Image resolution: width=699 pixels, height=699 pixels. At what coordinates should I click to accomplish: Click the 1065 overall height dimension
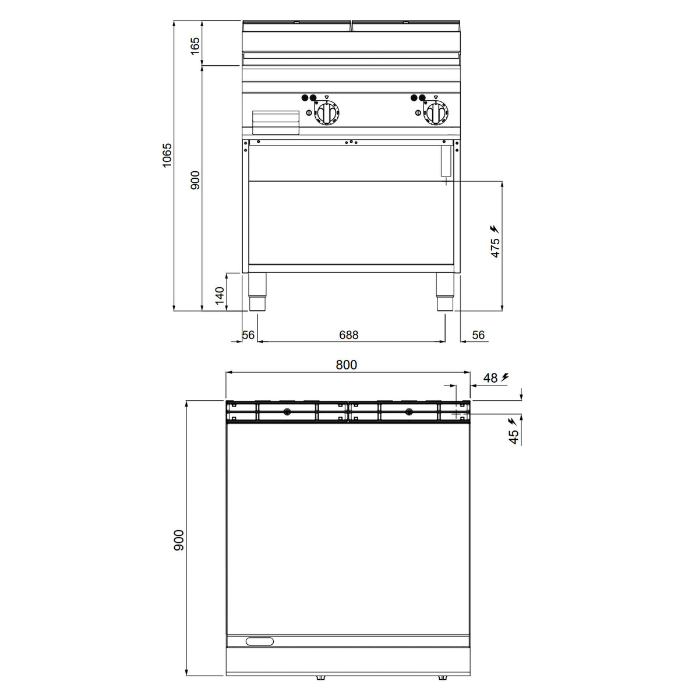pyautogui.click(x=167, y=156)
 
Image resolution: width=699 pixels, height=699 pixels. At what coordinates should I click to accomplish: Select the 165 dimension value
pyautogui.click(x=195, y=45)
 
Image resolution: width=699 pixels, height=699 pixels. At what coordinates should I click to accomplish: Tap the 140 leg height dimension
pyautogui.click(x=220, y=295)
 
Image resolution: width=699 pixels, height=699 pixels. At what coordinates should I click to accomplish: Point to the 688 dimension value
pyautogui.click(x=348, y=335)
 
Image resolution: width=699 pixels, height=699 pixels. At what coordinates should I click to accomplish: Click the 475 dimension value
pyautogui.click(x=495, y=248)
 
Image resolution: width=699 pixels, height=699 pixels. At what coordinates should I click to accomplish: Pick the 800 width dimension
pyautogui.click(x=347, y=365)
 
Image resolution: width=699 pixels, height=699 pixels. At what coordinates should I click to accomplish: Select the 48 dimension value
pyautogui.click(x=490, y=378)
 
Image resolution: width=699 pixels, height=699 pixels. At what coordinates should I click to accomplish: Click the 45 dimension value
pyautogui.click(x=514, y=437)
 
